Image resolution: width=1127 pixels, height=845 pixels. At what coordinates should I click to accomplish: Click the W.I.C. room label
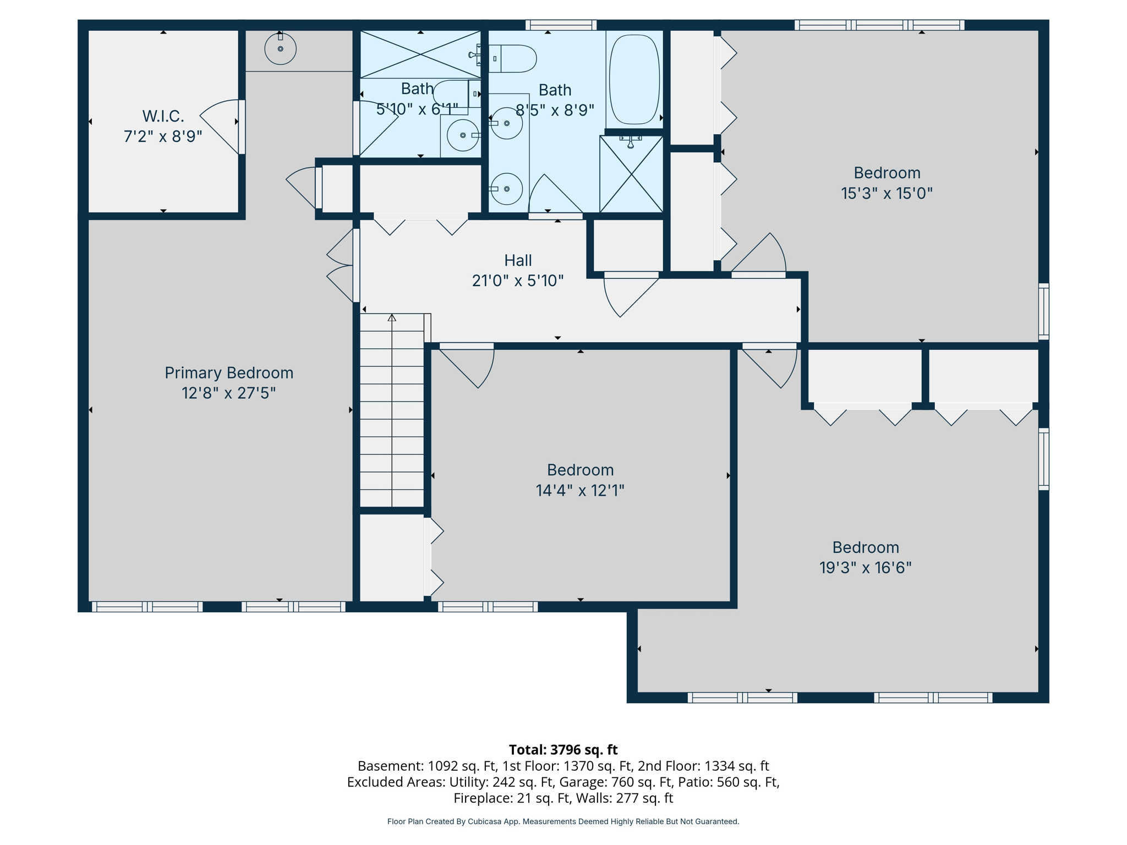pyautogui.click(x=163, y=116)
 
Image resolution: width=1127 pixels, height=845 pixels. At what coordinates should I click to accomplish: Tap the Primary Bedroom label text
pyautogui.click(x=229, y=373)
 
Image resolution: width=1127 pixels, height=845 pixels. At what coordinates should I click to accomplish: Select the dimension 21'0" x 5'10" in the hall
pyautogui.click(x=518, y=281)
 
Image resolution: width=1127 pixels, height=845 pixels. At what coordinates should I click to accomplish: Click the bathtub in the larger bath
pyautogui.click(x=634, y=80)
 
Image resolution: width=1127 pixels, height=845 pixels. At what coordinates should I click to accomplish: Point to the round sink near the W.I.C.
pyautogui.click(x=280, y=49)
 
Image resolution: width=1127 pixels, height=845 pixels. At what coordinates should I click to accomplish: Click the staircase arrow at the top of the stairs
pyautogui.click(x=392, y=318)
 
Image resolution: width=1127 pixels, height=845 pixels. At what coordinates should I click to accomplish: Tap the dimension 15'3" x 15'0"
pyautogui.click(x=887, y=194)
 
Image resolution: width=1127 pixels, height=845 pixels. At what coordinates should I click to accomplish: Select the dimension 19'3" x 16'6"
pyautogui.click(x=865, y=568)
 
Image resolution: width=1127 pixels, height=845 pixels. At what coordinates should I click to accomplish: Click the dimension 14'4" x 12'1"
pyautogui.click(x=580, y=490)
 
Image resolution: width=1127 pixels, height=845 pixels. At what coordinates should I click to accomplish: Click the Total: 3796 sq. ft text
pyautogui.click(x=563, y=750)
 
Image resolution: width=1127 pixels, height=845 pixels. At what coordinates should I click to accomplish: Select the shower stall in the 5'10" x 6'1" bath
pyautogui.click(x=420, y=54)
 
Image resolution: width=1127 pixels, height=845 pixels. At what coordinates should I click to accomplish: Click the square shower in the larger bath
pyautogui.click(x=631, y=174)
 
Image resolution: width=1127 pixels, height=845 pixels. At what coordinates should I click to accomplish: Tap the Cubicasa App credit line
pyautogui.click(x=563, y=821)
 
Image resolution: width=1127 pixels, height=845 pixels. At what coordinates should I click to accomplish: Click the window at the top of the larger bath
pyautogui.click(x=561, y=25)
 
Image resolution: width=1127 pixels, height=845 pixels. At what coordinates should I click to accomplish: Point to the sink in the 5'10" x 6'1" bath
pyautogui.click(x=462, y=135)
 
